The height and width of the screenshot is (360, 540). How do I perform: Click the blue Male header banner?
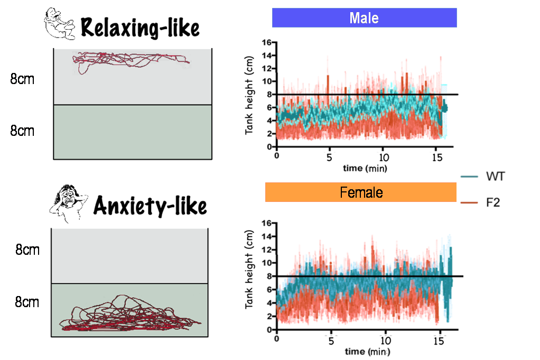[364, 18]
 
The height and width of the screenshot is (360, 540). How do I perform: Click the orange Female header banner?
[361, 192]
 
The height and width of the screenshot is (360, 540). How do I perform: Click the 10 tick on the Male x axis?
[384, 157]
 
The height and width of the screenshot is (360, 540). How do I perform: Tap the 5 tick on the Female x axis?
[331, 340]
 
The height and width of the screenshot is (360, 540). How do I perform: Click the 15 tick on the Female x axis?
[439, 340]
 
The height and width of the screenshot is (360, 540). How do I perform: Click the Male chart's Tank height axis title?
[250, 94]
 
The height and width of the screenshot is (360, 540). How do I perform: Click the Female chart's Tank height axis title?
[250, 276]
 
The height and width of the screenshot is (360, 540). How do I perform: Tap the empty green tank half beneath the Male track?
[133, 132]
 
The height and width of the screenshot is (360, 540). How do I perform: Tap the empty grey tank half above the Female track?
[129, 256]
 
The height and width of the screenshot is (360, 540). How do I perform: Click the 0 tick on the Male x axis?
[276, 157]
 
